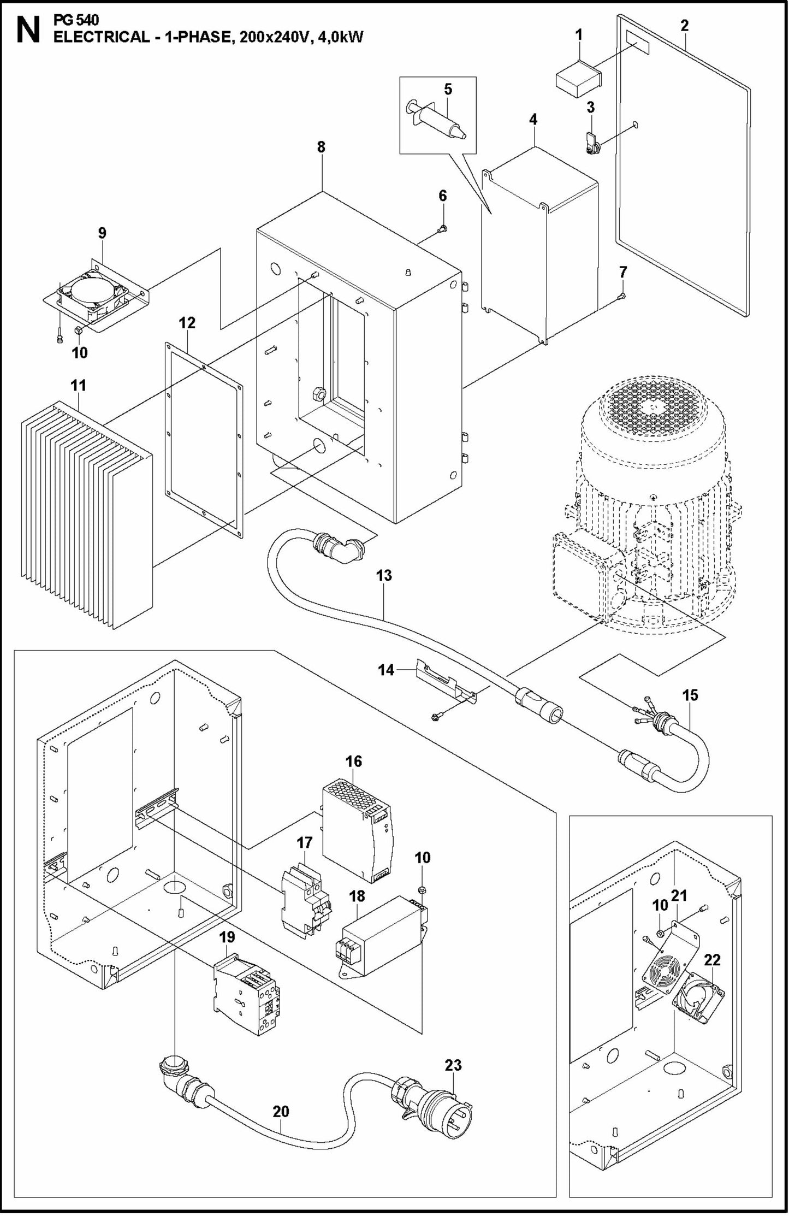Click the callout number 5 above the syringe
tap(448, 90)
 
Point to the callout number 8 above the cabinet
tap(321, 147)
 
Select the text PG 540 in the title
tap(76, 21)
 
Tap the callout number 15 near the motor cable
tap(690, 695)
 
